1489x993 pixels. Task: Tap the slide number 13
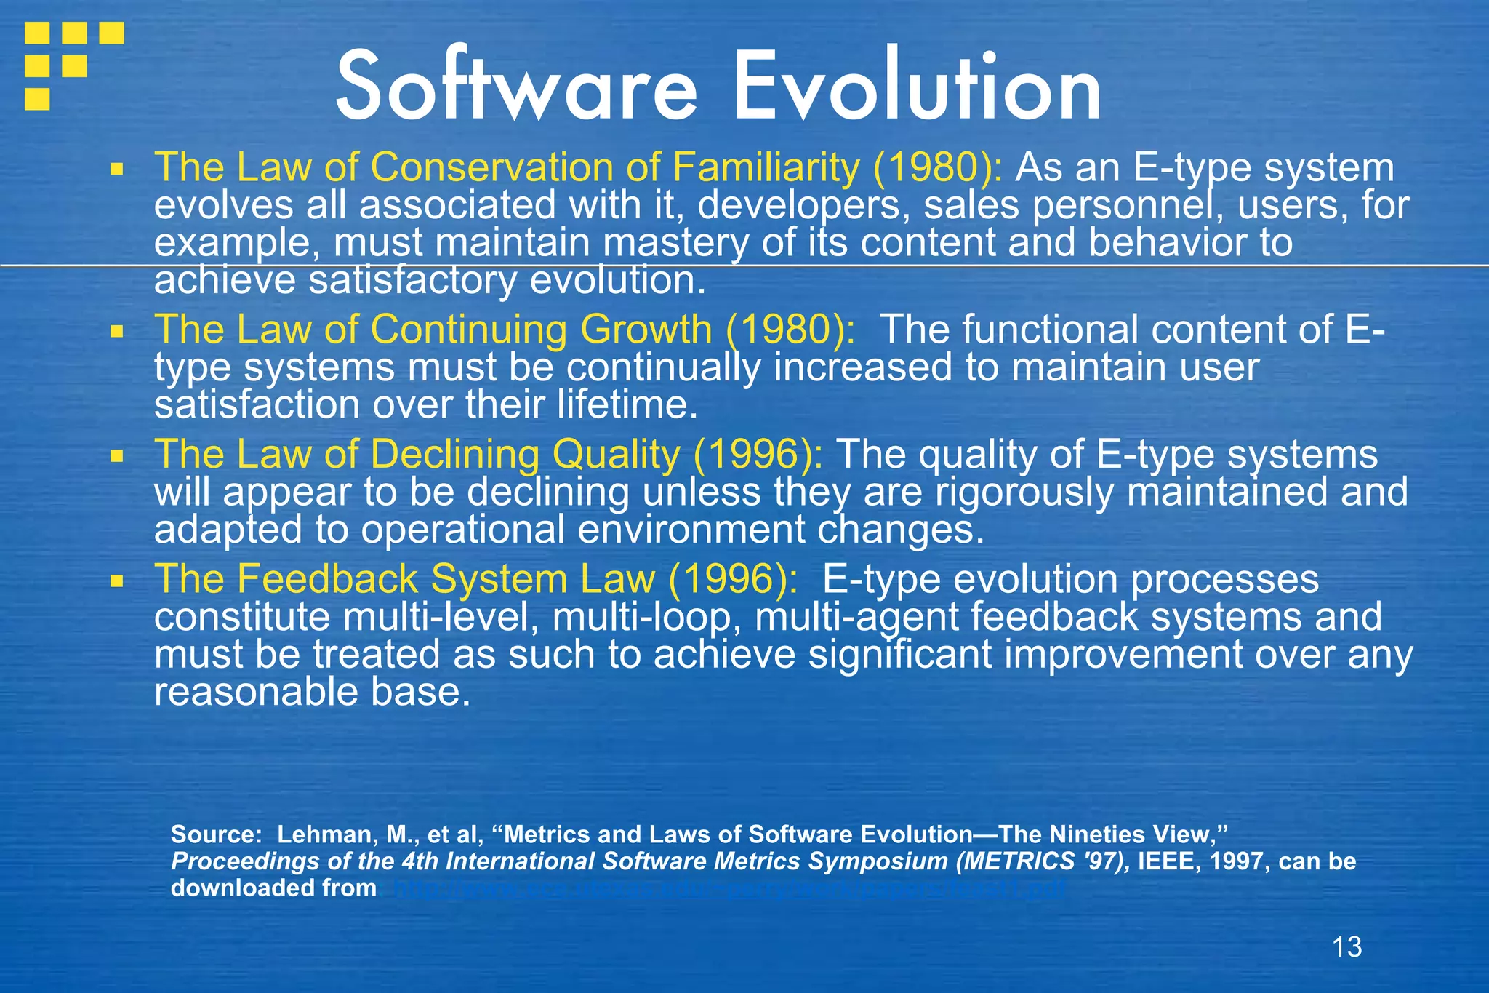coord(1346,946)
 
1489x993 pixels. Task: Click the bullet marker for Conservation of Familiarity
coord(116,170)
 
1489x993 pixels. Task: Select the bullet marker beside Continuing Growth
coord(116,332)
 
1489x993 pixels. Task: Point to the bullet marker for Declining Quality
coord(116,457)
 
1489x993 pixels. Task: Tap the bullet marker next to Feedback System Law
coord(116,581)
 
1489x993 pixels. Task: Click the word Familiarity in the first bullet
coord(766,167)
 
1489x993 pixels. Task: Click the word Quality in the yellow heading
coord(616,455)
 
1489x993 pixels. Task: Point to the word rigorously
coord(1024,492)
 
